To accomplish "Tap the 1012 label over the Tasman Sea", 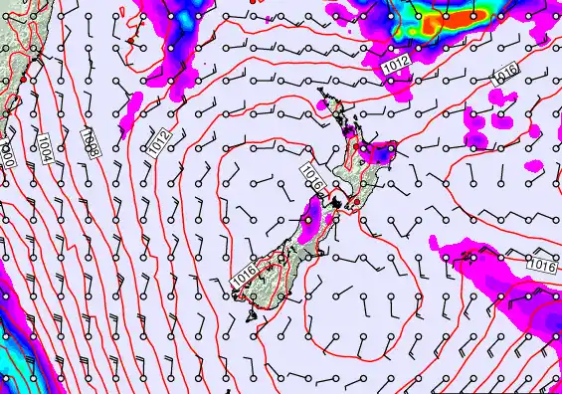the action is click(x=161, y=142).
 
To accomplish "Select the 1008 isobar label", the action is click(x=89, y=141).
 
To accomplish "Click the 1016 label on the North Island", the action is click(x=313, y=178).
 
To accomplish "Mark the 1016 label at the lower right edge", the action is click(x=542, y=264).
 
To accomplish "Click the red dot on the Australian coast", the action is click(x=21, y=77).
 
